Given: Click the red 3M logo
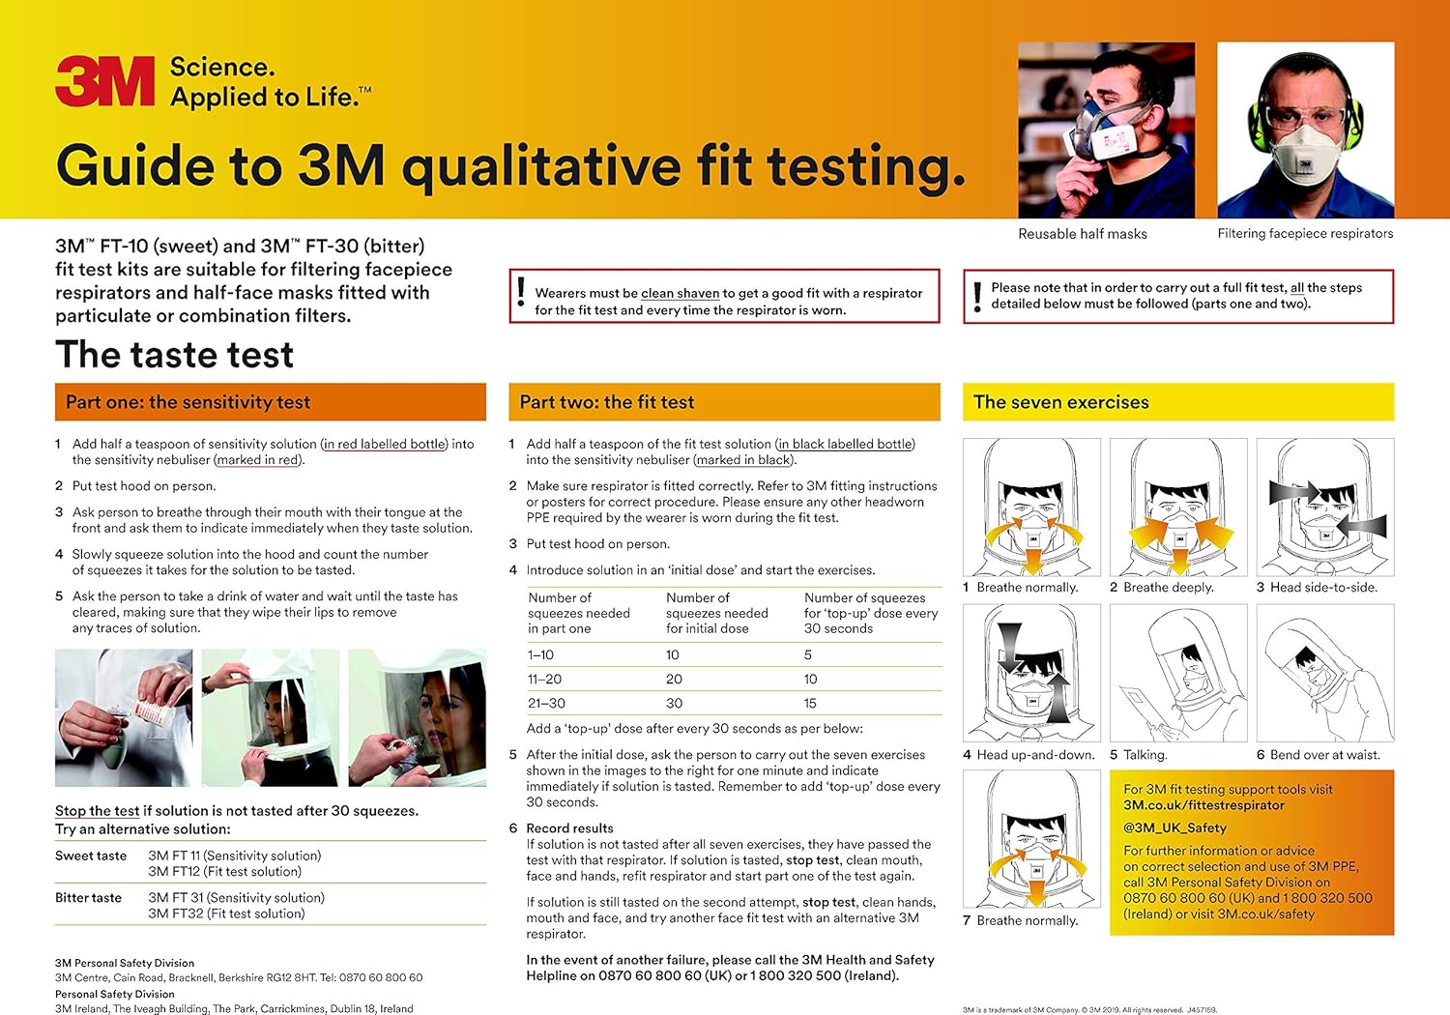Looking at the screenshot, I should coord(104,81).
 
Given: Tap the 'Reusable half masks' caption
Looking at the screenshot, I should coord(1082,234).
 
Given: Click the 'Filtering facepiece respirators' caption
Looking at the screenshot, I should coord(1305,234).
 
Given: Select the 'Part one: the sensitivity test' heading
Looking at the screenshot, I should coord(188,402).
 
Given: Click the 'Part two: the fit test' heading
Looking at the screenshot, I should coord(606,402).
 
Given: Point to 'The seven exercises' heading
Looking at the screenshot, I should coord(1060,402).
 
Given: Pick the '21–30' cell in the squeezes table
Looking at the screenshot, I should coord(546,704).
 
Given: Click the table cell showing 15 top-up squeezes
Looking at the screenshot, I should coord(810,704).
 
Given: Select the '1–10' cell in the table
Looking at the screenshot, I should coord(540,655).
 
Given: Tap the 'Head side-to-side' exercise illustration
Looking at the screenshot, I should coord(1324,507).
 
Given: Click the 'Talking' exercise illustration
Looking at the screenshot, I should coord(1177,673).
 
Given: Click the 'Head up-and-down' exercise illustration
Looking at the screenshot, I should coord(1031,673).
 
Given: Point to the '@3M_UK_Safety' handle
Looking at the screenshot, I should coord(1174,827).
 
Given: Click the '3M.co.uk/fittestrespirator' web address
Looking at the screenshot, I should coord(1203,805).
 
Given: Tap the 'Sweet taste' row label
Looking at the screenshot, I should coord(91,855).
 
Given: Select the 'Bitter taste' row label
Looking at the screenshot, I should coord(88,898).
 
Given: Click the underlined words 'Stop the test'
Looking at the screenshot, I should coord(97,811).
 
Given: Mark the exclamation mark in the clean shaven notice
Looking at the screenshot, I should coord(521,293).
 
